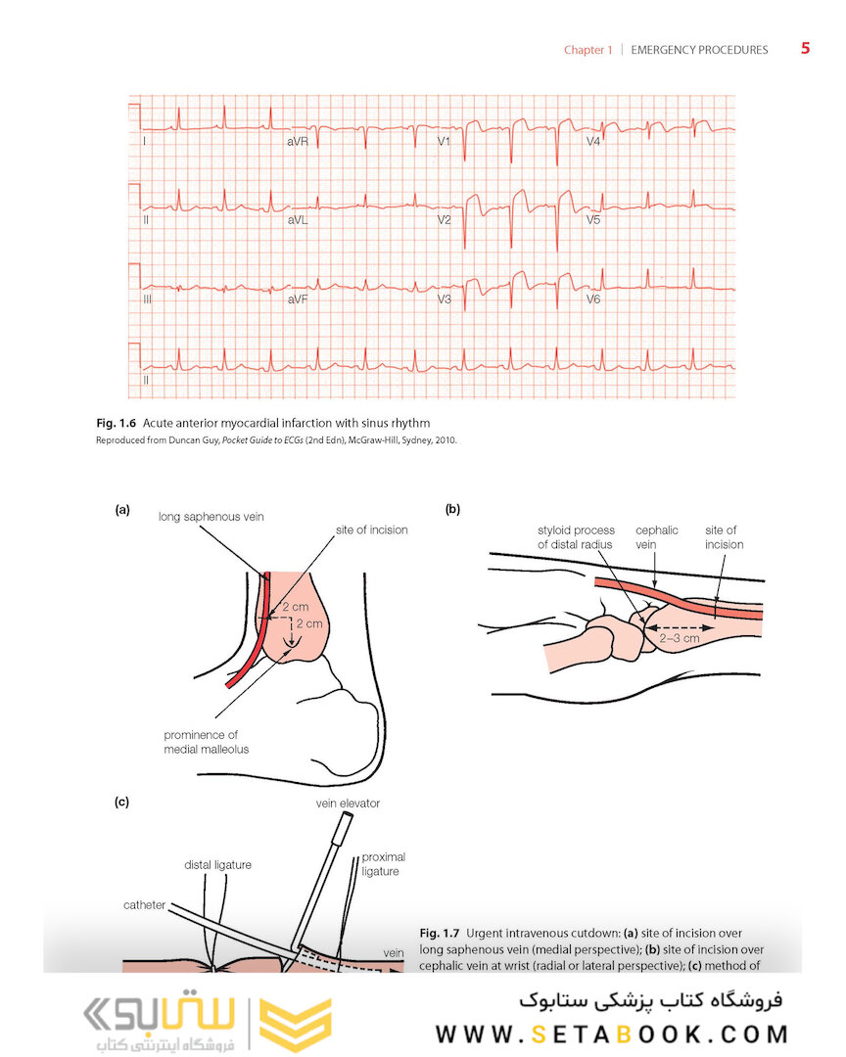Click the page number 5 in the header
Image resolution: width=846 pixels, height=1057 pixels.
tap(805, 48)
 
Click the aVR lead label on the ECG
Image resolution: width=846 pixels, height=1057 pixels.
tap(299, 143)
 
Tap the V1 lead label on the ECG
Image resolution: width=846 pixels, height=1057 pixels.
tap(444, 143)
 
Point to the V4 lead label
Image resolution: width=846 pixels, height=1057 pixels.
tap(593, 143)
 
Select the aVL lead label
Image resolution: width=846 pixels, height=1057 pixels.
tap(298, 221)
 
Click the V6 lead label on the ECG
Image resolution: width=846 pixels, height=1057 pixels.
tap(593, 299)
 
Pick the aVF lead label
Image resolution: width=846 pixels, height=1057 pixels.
tap(299, 299)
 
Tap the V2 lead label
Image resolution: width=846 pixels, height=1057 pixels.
tap(444, 221)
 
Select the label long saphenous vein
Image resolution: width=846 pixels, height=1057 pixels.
tap(211, 516)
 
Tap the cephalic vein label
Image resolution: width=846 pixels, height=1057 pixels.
tap(656, 537)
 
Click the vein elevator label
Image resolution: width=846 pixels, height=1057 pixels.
tap(348, 804)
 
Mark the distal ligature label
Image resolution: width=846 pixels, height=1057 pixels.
tap(217, 864)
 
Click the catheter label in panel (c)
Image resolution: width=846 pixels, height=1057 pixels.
tap(145, 905)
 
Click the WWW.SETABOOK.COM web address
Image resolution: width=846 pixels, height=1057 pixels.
tap(612, 1034)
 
